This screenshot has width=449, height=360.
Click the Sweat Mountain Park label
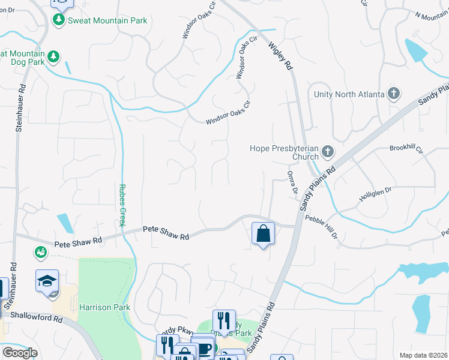pos(107,20)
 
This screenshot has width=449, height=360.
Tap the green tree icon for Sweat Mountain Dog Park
pos(54,56)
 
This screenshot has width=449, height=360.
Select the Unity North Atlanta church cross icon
pos(393,94)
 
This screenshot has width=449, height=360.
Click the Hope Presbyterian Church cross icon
pos(328,151)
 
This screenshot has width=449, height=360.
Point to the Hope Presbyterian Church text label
pos(285,152)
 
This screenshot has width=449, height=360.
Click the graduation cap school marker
pos(47,280)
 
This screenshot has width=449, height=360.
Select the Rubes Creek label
pos(122,205)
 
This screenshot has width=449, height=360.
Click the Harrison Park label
pos(104,307)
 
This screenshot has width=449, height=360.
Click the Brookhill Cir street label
pos(406,148)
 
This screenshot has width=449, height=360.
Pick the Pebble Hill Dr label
pos(321,227)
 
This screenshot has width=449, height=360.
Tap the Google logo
pos(20,352)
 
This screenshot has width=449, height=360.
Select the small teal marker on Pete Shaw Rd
pos(41,252)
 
